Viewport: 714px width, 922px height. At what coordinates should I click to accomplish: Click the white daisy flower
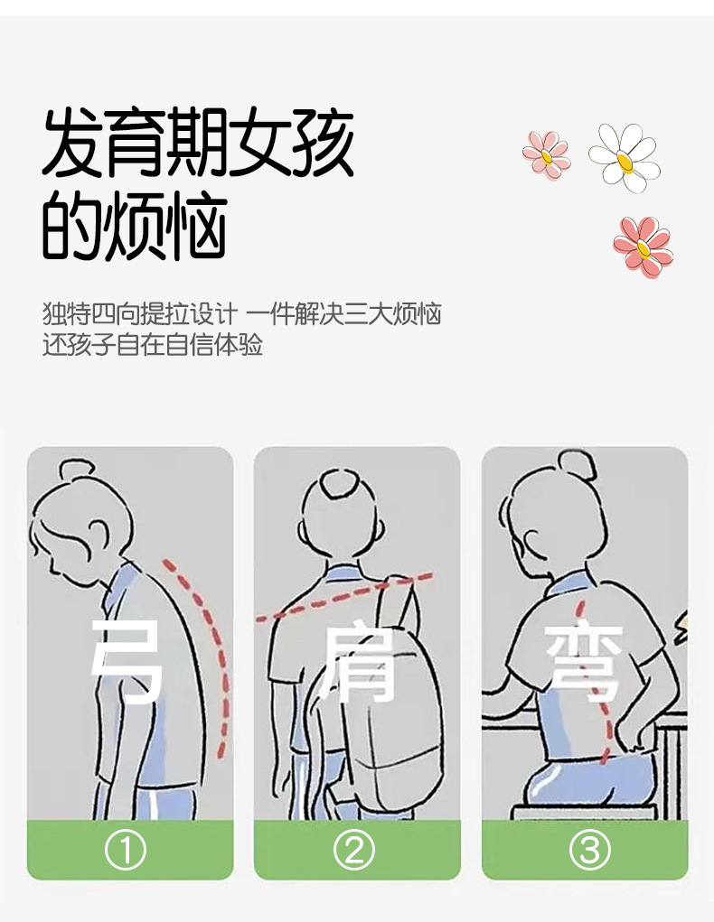tap(625, 158)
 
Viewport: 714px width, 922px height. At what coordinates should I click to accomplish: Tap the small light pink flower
tap(546, 155)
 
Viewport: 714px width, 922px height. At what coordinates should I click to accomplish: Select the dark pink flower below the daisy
tap(643, 247)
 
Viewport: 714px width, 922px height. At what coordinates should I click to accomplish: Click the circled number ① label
tap(126, 850)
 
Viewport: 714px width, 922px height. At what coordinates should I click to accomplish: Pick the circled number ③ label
tap(589, 850)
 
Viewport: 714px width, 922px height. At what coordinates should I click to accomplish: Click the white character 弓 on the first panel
tap(127, 661)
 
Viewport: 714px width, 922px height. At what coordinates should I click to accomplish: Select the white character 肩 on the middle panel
tap(355, 665)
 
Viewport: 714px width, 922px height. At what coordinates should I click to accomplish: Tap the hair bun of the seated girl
tap(578, 465)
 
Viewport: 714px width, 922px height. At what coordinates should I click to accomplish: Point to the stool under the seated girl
tap(583, 812)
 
